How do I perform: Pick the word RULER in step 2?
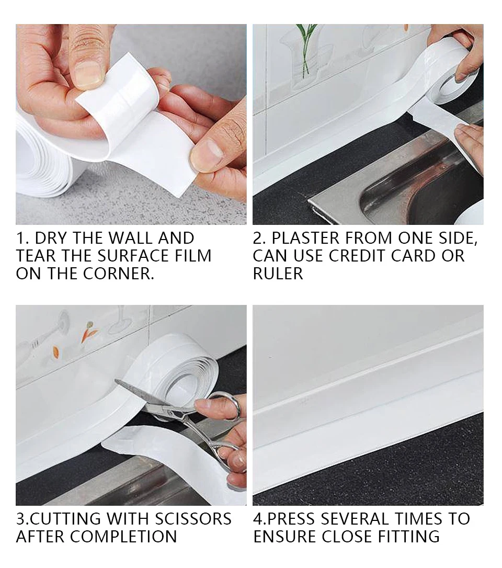(x=278, y=274)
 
